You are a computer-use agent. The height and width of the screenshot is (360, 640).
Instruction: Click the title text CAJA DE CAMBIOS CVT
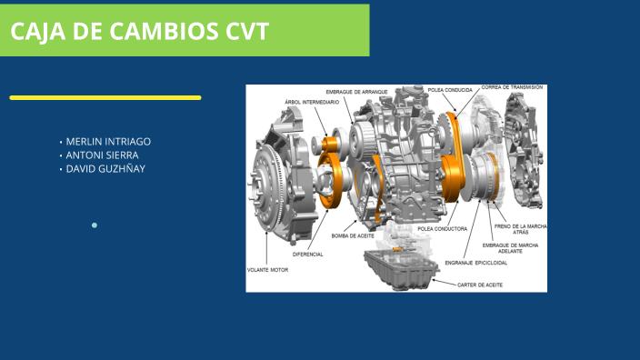click(140, 32)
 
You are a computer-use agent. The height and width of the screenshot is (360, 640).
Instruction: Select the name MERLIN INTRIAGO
click(108, 142)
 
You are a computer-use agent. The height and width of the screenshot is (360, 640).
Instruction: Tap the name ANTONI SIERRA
click(102, 155)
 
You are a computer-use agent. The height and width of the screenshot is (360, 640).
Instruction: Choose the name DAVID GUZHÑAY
click(105, 169)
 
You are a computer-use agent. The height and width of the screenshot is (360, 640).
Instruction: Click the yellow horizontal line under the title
click(105, 97)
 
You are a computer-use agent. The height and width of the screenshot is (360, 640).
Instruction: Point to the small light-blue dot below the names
click(94, 225)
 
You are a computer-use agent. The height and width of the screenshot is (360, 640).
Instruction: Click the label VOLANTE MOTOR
click(267, 270)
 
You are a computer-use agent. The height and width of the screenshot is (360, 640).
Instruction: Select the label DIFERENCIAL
click(308, 255)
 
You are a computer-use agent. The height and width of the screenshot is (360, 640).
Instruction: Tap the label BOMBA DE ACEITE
click(353, 236)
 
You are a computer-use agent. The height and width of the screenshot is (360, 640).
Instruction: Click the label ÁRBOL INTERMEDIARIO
click(312, 102)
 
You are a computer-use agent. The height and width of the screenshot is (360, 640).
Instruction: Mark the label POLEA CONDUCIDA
click(449, 90)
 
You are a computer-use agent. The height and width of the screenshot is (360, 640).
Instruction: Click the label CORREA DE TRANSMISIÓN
click(512, 87)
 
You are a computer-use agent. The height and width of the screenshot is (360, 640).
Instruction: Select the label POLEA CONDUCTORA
click(442, 229)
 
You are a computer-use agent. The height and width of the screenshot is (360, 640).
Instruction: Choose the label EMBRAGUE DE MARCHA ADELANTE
click(509, 248)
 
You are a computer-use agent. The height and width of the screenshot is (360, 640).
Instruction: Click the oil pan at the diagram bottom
click(399, 270)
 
